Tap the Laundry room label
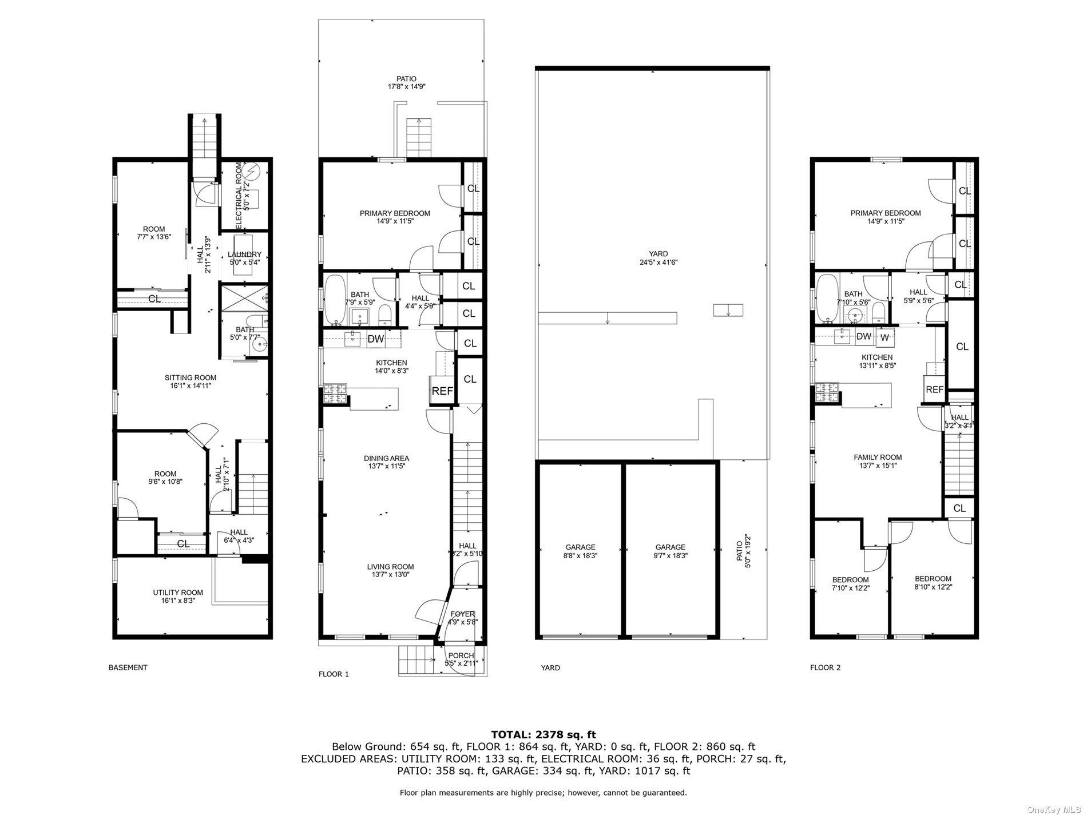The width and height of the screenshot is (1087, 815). [x=244, y=255]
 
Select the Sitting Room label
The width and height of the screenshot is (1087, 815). [x=191, y=377]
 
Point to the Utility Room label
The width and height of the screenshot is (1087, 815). [x=178, y=593]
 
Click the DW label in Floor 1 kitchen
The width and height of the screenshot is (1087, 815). [x=375, y=339]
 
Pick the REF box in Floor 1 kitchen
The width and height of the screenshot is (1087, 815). [x=442, y=391]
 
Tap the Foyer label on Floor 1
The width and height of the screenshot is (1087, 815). [x=462, y=614]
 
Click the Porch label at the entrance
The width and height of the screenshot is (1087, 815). [x=461, y=655]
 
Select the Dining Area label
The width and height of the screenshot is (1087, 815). [x=386, y=458]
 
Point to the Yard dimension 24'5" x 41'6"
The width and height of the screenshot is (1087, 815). [x=658, y=263]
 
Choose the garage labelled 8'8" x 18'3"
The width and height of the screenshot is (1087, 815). [x=580, y=551]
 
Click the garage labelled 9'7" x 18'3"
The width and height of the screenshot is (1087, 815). [x=670, y=551]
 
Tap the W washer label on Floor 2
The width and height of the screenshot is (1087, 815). [x=884, y=337]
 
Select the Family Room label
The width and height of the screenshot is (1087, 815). [x=878, y=457]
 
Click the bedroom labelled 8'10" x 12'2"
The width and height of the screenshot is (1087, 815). [x=933, y=582]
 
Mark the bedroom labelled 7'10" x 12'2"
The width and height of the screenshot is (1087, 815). [x=850, y=583]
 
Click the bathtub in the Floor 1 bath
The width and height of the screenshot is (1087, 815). [x=334, y=299]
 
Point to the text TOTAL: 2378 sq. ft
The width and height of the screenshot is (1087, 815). [x=543, y=734]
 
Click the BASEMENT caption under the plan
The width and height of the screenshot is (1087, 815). [x=128, y=667]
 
